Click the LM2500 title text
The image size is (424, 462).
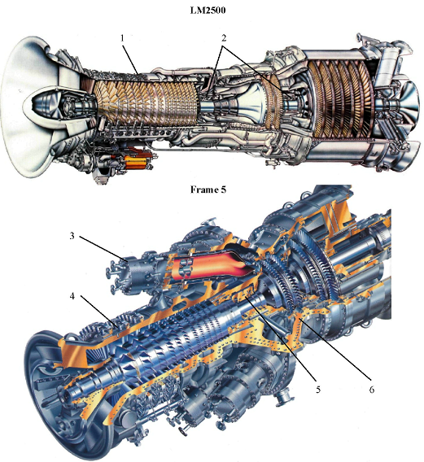click(x=208, y=10)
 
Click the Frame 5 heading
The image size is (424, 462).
click(x=208, y=190)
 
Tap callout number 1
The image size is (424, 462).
click(x=122, y=38)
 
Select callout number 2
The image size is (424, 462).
click(x=224, y=38)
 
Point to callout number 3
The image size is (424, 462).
click(x=72, y=236)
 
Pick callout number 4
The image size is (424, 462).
click(x=72, y=296)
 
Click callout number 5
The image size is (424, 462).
click(x=318, y=390)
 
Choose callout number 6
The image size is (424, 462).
click(x=372, y=390)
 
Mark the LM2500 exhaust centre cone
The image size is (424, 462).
click(x=409, y=101)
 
